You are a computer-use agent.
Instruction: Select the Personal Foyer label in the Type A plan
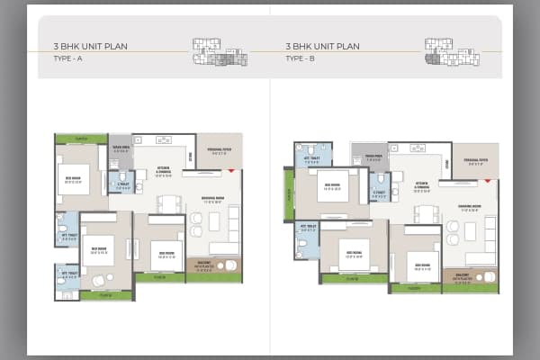coord(219,152)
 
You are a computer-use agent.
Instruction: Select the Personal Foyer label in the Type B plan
coord(476,160)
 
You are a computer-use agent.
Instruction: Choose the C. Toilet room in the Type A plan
coord(121,182)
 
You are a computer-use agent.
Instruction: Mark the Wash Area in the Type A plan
coord(121,149)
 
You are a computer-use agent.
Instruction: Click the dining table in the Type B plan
coord(426,213)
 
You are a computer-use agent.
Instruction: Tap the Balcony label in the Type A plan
coord(205,265)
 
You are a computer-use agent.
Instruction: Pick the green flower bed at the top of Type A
coord(81,139)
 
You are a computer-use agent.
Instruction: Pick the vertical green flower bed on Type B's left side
coord(289,194)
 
